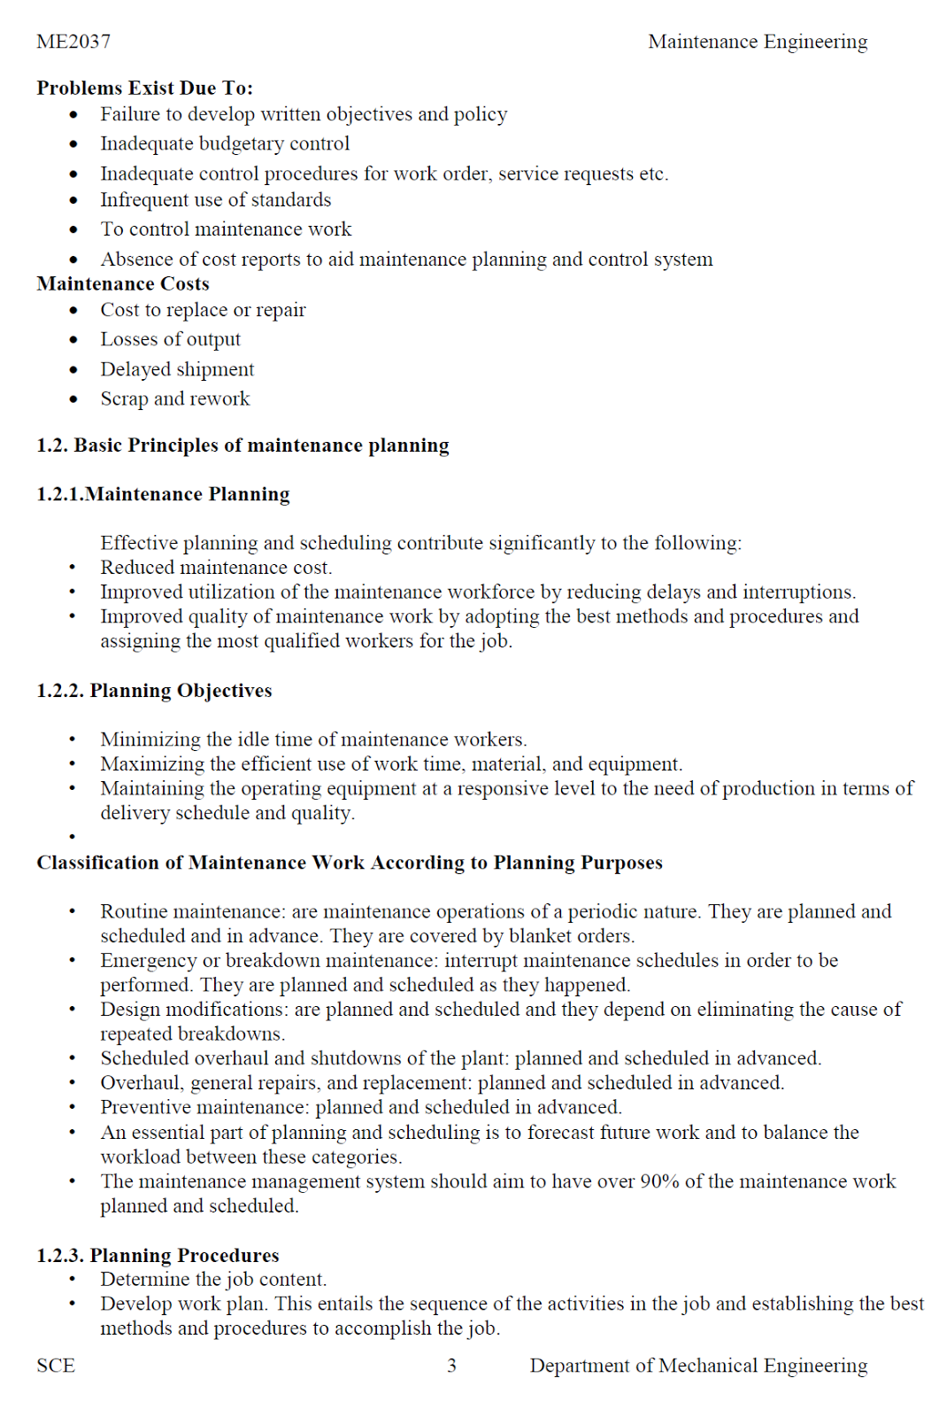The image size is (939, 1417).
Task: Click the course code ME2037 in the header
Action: [x=73, y=42]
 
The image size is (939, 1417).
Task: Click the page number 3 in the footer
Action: [x=451, y=1366]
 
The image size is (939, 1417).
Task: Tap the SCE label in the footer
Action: [x=56, y=1366]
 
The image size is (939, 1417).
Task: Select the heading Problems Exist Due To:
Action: [x=144, y=88]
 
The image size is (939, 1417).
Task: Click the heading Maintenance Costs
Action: [x=123, y=284]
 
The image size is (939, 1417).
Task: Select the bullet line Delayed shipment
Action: [x=177, y=369]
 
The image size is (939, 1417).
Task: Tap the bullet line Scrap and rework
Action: [x=174, y=399]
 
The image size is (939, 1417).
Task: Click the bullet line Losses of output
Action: [x=170, y=339]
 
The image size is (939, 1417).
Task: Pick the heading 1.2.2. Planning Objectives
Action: [x=154, y=691]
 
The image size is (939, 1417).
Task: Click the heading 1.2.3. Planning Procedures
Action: [x=158, y=1255]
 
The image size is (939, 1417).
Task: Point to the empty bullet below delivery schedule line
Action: [x=73, y=836]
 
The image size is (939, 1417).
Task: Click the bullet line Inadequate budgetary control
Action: [x=225, y=143]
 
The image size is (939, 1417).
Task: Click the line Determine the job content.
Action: [x=213, y=1279]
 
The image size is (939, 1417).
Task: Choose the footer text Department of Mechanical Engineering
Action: [x=698, y=1366]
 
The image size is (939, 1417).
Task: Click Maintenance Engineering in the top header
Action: [x=758, y=42]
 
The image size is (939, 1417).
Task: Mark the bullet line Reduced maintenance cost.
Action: [x=216, y=568]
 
